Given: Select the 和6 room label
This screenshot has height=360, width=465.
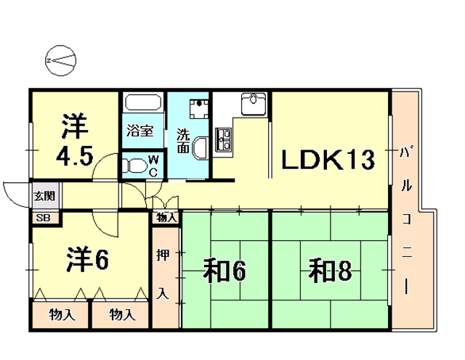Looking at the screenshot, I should click(x=224, y=272).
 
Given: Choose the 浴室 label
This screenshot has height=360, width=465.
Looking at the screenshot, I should click(x=139, y=131).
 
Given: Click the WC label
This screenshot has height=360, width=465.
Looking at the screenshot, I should click(x=154, y=165).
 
